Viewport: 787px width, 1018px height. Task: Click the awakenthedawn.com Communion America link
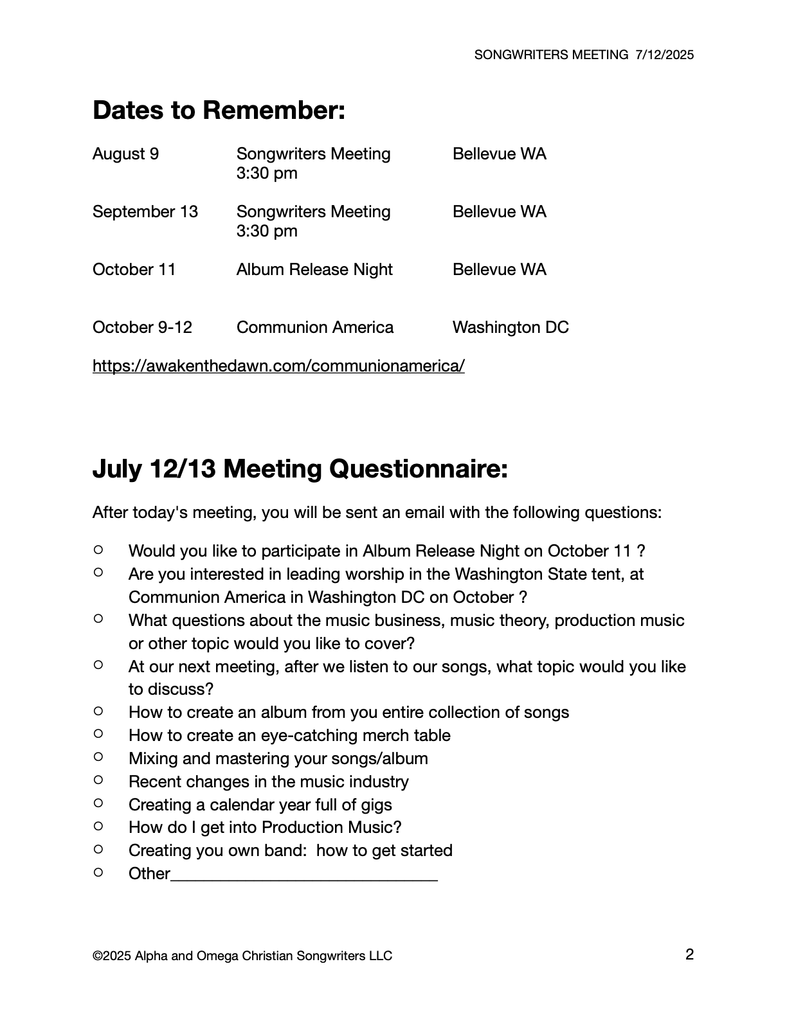(x=278, y=366)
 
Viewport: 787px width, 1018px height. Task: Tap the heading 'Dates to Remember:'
(x=219, y=111)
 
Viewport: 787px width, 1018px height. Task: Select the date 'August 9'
(x=125, y=154)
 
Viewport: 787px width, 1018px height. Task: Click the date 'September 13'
(x=145, y=212)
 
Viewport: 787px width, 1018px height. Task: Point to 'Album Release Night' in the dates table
(x=314, y=270)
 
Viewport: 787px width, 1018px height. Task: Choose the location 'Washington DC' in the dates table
(x=511, y=328)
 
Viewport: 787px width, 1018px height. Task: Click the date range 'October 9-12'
(x=142, y=328)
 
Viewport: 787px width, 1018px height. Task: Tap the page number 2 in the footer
(x=689, y=954)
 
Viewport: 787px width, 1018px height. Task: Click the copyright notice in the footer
(x=242, y=956)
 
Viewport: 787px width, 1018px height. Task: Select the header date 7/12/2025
(x=664, y=55)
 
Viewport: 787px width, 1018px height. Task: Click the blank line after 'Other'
(x=304, y=875)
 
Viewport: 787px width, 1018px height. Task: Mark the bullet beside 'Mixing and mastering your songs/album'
(x=98, y=757)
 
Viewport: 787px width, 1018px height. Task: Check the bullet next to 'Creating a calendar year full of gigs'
(x=98, y=803)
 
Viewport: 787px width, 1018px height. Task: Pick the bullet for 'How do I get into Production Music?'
(x=98, y=826)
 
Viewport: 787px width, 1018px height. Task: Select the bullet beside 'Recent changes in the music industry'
(x=98, y=780)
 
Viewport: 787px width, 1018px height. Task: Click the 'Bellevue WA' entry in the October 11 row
(x=499, y=270)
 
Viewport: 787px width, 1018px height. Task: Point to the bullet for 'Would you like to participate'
(x=98, y=549)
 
